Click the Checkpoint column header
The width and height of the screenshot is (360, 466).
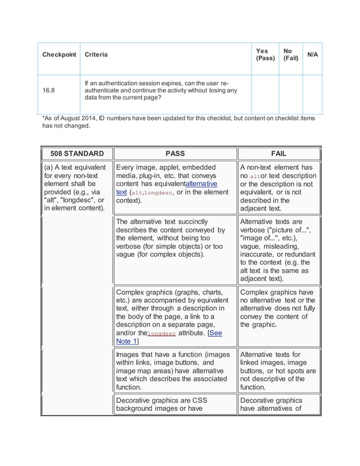click(59, 55)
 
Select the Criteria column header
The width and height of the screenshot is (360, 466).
click(96, 55)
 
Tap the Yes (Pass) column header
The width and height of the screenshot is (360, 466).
click(265, 55)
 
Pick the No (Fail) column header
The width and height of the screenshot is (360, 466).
click(291, 55)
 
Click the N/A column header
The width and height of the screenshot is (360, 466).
click(312, 55)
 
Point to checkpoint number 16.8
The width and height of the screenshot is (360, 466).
click(49, 90)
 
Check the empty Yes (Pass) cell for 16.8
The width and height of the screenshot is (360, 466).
click(265, 94)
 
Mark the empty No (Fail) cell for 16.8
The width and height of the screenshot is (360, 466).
click(291, 94)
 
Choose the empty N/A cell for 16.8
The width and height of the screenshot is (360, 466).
click(312, 94)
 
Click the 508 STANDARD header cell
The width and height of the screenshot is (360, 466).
click(77, 153)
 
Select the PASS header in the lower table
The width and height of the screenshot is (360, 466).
click(175, 153)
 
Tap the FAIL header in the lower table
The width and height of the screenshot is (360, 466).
click(279, 153)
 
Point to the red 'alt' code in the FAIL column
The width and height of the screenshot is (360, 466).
click(254, 176)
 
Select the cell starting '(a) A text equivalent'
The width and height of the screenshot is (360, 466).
click(77, 188)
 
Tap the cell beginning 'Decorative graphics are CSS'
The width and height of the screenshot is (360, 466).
click(175, 405)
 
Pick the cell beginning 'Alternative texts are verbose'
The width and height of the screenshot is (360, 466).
click(279, 250)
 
